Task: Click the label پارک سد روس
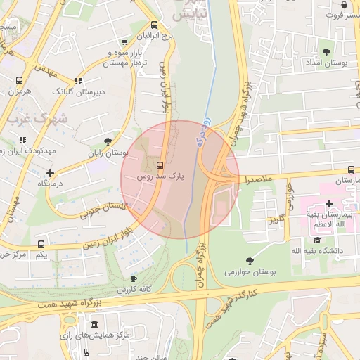pyautogui.click(x=162, y=179)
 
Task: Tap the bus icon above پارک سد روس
pyautogui.click(x=160, y=166)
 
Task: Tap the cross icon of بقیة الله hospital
pyautogui.click(x=329, y=203)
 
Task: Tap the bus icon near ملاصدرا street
pyautogui.click(x=351, y=169)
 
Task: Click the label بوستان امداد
pyautogui.click(x=324, y=64)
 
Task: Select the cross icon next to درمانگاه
pyautogui.click(x=50, y=173)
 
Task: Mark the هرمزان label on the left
pyautogui.click(x=20, y=92)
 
